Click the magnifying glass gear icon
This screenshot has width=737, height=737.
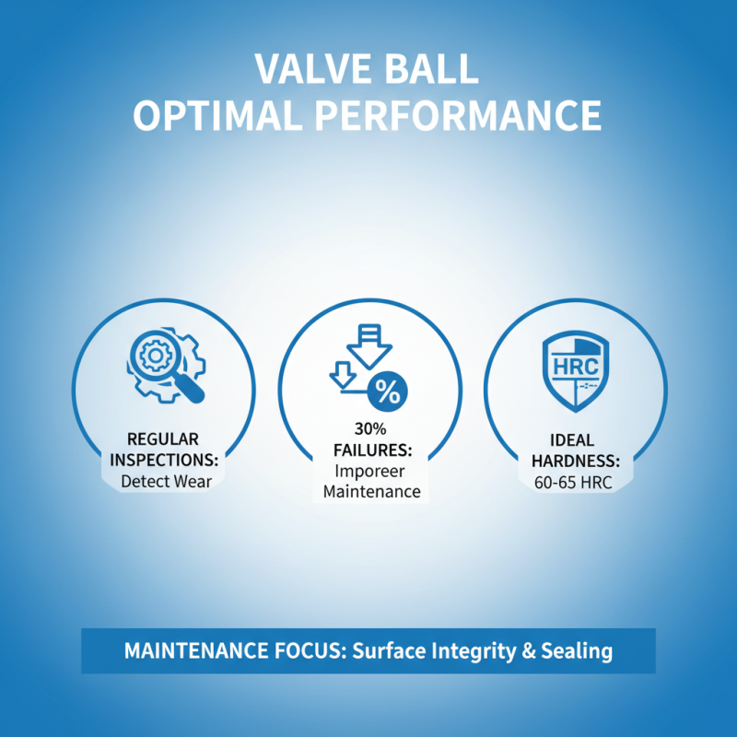tap(165, 365)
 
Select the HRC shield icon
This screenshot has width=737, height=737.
tap(576, 368)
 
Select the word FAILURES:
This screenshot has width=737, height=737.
tap(370, 450)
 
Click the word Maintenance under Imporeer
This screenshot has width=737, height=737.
tap(370, 492)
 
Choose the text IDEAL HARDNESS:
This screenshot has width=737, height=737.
tap(576, 449)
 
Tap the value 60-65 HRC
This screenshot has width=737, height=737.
tap(576, 481)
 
